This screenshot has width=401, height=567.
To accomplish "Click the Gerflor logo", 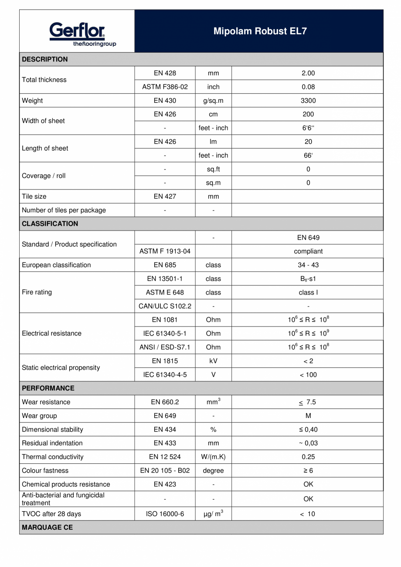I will [x=77, y=34].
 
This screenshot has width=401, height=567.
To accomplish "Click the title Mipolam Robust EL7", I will [x=260, y=31].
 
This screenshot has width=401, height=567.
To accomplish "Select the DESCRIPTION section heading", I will [x=45, y=59].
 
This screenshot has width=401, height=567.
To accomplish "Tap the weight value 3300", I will [x=308, y=101].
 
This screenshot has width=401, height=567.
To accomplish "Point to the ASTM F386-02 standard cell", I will [x=165, y=87].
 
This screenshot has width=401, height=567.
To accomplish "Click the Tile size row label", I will [x=34, y=197].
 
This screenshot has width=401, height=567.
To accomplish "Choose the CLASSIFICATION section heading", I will [x=50, y=224].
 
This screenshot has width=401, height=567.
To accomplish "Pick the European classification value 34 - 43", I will [x=308, y=265].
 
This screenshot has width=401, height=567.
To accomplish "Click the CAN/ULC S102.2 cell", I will [x=165, y=306].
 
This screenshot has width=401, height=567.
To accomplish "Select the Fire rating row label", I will [x=37, y=292].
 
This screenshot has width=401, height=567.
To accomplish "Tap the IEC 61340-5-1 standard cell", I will [x=165, y=333].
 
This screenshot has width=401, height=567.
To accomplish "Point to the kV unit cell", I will [x=213, y=361].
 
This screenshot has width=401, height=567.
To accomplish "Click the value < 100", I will [x=308, y=375].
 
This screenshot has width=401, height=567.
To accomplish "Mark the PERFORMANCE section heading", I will [x=48, y=388].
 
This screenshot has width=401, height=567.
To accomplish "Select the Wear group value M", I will [x=308, y=416].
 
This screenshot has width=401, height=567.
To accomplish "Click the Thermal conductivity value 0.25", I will [x=308, y=457].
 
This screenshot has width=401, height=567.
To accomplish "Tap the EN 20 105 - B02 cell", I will [x=165, y=471].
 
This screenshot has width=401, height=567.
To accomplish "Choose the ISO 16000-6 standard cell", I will [x=165, y=514].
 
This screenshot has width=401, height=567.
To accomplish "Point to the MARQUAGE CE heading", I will [x=47, y=527].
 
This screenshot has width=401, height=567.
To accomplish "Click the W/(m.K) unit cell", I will [x=213, y=457].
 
